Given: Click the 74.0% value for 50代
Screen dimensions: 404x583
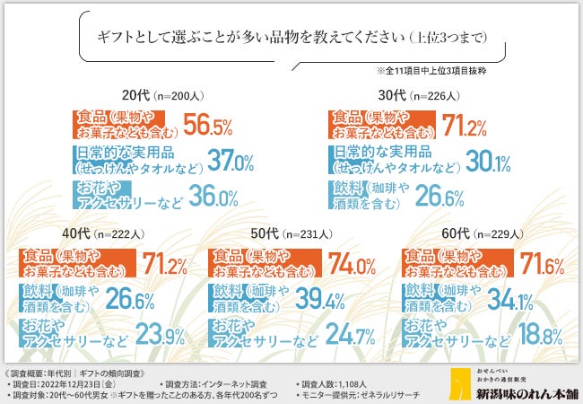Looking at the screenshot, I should click(352, 265).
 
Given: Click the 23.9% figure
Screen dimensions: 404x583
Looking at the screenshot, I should click(159, 337).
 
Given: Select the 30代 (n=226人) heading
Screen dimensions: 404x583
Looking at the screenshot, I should click(422, 92).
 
